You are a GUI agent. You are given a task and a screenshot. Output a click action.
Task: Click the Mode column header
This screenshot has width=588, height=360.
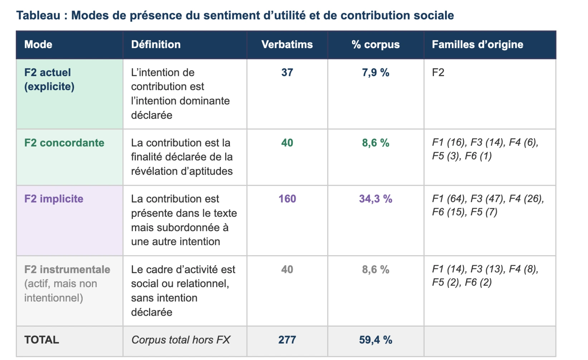click(38, 44)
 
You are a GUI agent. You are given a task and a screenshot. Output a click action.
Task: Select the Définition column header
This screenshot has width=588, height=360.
click(156, 44)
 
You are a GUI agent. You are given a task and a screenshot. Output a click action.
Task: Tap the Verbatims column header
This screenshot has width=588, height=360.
click(287, 44)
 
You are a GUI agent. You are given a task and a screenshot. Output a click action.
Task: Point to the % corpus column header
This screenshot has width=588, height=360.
click(375, 44)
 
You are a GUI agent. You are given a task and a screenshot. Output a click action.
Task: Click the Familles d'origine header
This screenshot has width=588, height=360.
click(477, 44)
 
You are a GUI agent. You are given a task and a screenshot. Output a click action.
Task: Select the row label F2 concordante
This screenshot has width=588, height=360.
click(64, 143)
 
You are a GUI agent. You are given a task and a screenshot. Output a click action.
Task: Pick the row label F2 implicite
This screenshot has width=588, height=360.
click(54, 199)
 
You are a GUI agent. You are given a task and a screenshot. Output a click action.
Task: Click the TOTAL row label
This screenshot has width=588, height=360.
click(42, 340)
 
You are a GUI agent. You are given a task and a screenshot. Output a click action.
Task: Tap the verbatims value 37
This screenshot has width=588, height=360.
click(287, 72)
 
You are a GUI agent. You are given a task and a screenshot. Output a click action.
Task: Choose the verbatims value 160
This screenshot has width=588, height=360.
click(287, 199)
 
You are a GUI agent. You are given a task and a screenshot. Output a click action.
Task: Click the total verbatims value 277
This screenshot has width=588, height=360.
click(287, 340)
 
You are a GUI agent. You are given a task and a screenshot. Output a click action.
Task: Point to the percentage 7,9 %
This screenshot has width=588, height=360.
click(375, 72)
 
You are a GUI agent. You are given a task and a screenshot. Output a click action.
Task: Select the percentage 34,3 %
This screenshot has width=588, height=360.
click(375, 199)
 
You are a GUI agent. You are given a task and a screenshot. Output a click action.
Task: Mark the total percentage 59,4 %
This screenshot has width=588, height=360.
click(375, 340)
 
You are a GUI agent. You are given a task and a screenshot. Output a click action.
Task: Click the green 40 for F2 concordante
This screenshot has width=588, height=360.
click(287, 143)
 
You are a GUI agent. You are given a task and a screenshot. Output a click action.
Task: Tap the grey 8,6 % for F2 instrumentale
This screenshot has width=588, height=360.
click(375, 269)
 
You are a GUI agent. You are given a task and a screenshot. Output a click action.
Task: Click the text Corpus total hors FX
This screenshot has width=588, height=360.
click(180, 340)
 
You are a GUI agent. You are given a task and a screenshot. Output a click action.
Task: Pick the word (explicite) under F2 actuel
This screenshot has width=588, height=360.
click(49, 87)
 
